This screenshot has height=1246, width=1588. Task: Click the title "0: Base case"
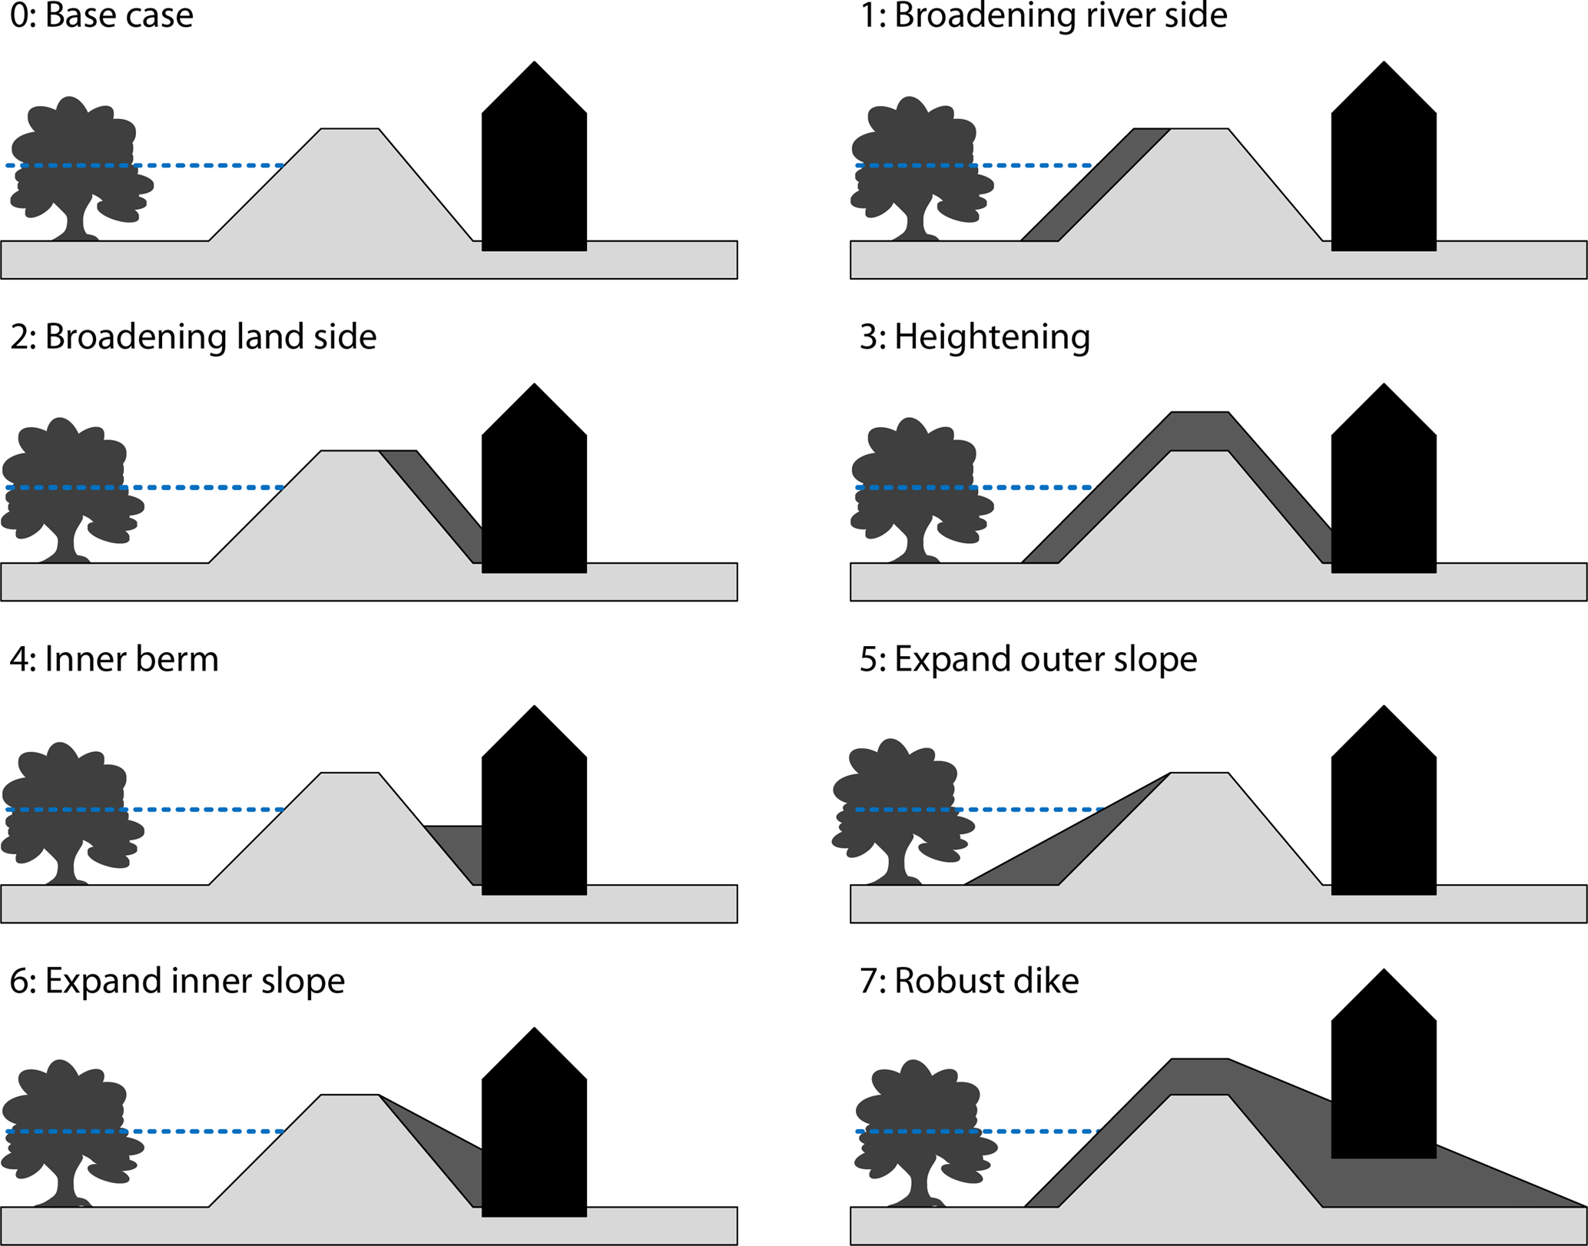[101, 15]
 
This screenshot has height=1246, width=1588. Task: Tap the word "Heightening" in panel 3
[992, 337]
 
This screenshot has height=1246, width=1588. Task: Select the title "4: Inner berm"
[114, 659]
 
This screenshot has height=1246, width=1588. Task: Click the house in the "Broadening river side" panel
[1383, 169]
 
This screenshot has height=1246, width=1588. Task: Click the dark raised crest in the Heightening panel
[1199, 430]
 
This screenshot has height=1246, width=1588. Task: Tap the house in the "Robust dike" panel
[1383, 1075]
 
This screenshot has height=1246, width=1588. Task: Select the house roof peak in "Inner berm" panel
[534, 711]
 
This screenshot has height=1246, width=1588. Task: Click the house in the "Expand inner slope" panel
[534, 1137]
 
